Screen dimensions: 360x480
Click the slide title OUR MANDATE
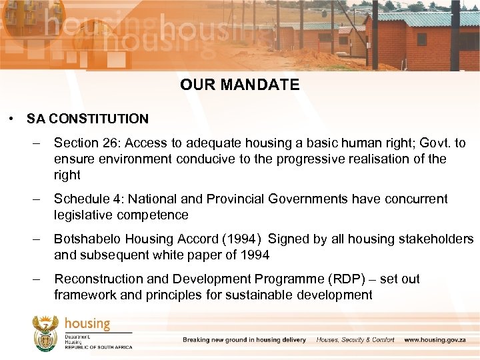(x=239, y=85)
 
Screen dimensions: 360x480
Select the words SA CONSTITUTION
(x=87, y=119)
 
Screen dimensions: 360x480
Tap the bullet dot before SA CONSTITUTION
(x=12, y=119)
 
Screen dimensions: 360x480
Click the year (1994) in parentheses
(x=237, y=239)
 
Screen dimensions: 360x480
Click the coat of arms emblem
(x=45, y=333)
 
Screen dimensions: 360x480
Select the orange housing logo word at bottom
(x=87, y=325)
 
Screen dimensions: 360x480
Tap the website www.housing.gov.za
(x=439, y=340)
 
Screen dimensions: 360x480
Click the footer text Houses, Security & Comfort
(x=355, y=340)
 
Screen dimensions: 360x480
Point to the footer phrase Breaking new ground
(x=213, y=340)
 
